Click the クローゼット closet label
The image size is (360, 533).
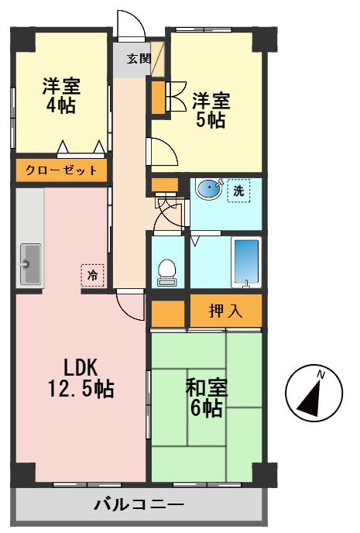(x=60, y=170)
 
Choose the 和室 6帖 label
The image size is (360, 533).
(x=206, y=397)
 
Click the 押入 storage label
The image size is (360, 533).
(x=225, y=311)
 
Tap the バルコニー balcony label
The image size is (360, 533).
(x=139, y=506)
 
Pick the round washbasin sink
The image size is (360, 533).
(x=207, y=188)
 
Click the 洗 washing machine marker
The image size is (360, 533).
(x=238, y=191)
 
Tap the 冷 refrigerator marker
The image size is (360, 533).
(x=92, y=274)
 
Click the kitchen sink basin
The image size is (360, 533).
(x=30, y=263)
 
